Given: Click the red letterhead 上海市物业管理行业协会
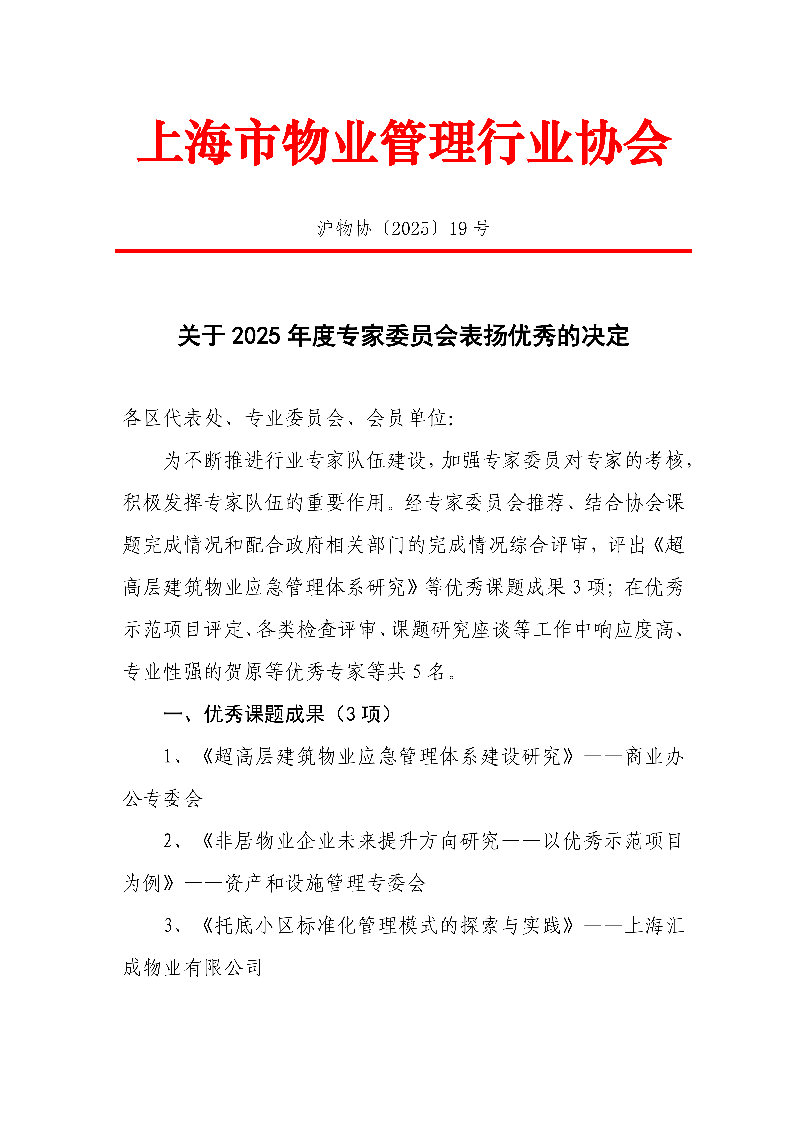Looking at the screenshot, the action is click(403, 143).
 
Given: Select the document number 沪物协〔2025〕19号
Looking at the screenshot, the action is click(403, 229).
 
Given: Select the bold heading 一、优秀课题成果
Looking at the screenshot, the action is click(243, 714).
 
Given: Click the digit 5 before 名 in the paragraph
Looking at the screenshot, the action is click(416, 672).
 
